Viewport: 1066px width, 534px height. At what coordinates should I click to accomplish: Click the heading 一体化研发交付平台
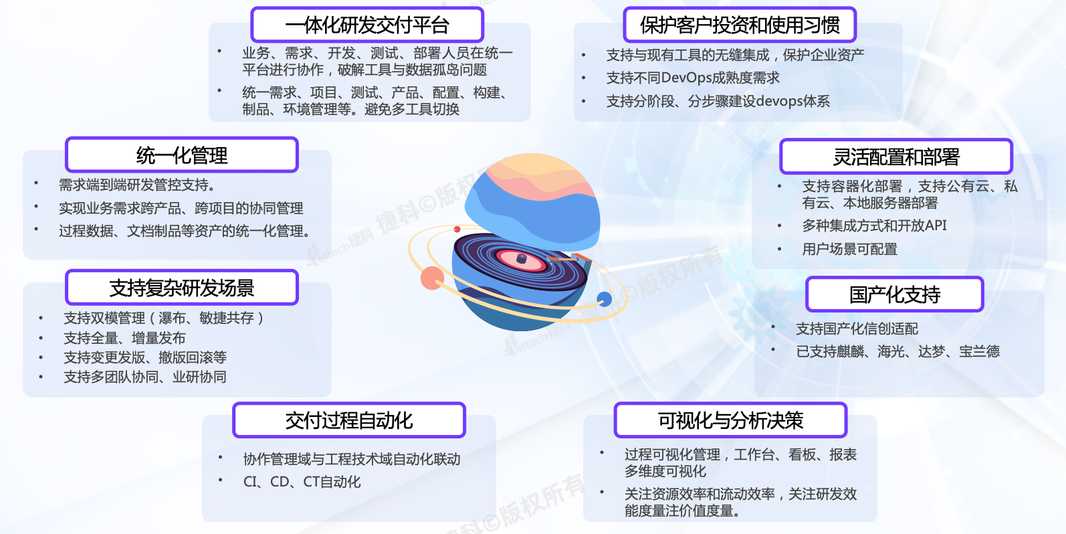click(x=367, y=25)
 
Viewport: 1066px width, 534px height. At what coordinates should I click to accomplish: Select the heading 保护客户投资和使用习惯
click(x=740, y=25)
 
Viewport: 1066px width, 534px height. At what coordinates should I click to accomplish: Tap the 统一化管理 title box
click(x=182, y=155)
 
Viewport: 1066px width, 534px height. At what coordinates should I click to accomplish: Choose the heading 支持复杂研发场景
click(x=182, y=287)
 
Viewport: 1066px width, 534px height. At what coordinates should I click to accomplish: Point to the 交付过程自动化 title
click(x=349, y=420)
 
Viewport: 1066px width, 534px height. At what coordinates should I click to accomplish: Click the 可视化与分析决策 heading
click(x=730, y=420)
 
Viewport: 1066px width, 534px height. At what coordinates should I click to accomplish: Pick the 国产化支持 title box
click(x=895, y=294)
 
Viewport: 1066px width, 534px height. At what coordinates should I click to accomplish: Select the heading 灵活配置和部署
click(x=896, y=157)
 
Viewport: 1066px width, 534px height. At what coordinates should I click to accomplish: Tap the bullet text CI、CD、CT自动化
click(x=302, y=482)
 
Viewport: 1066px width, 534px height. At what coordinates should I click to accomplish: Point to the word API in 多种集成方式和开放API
click(x=936, y=225)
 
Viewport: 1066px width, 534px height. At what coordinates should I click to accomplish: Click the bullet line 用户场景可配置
click(x=849, y=249)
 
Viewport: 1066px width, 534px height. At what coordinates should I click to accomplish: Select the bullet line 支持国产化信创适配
click(x=857, y=328)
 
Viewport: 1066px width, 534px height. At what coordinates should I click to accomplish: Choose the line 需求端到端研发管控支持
click(x=137, y=184)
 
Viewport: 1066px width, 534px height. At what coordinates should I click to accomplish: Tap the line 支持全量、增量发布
click(x=124, y=338)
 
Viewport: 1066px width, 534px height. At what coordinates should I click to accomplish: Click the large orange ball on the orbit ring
click(x=432, y=278)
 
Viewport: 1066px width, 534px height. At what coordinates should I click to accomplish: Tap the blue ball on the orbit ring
click(x=605, y=299)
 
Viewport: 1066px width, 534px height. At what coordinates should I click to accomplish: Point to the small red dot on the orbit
click(x=457, y=229)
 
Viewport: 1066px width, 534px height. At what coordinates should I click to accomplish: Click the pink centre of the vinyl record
click(x=521, y=259)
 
